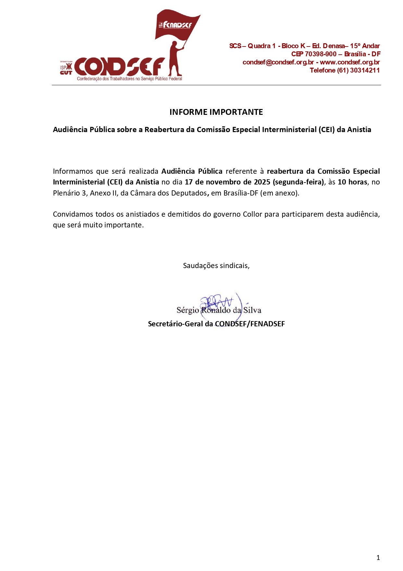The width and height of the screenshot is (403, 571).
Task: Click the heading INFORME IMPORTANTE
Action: [216, 112]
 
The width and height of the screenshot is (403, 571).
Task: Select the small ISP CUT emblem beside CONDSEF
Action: [66, 68]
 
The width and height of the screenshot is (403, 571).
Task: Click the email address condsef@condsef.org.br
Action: [278, 62]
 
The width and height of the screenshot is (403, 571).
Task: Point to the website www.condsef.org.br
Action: [350, 62]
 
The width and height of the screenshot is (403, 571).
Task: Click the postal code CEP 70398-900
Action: [314, 54]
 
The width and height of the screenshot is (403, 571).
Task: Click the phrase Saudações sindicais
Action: [216, 265]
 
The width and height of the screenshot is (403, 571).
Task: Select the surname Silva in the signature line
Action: [252, 310]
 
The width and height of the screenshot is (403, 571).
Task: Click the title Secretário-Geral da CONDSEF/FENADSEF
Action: [216, 324]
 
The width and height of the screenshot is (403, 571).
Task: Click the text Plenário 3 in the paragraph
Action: [70, 193]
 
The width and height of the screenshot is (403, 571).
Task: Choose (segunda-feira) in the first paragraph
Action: [298, 182]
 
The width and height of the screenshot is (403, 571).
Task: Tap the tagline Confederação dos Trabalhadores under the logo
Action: [129, 79]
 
